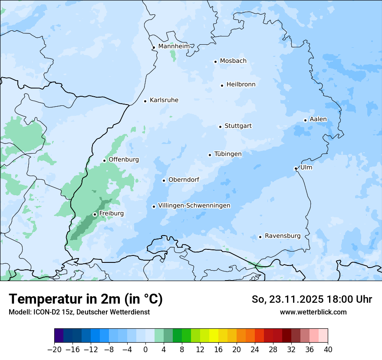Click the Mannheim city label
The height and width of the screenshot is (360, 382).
tap(174, 46)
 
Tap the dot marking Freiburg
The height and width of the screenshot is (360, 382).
tap(95, 214)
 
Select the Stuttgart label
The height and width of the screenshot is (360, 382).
tap(238, 126)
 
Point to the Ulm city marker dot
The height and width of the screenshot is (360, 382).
tap(296, 168)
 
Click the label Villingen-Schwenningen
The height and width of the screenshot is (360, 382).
tap(194, 206)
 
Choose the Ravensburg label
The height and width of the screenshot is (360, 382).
tap(282, 236)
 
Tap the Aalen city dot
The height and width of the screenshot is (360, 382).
tap(305, 120)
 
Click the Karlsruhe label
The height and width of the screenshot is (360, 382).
tap(164, 100)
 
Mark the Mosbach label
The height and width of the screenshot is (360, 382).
tap(233, 61)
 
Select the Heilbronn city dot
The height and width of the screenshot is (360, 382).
tap(222, 85)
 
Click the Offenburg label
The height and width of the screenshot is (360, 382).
tap(123, 160)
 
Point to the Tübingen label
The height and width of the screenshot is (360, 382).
tap(227, 154)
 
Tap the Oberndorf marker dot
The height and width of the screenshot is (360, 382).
tap(164, 180)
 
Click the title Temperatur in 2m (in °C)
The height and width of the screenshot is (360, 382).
tap(86, 299)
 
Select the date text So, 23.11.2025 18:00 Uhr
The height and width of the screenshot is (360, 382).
tap(312, 299)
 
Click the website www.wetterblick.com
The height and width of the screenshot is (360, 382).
tap(313, 312)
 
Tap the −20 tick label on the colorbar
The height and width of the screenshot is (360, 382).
tap(54, 349)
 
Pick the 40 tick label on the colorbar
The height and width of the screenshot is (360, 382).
tap(328, 349)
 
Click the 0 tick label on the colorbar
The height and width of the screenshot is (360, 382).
tap(145, 349)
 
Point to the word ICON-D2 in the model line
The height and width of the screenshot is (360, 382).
tap(44, 312)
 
